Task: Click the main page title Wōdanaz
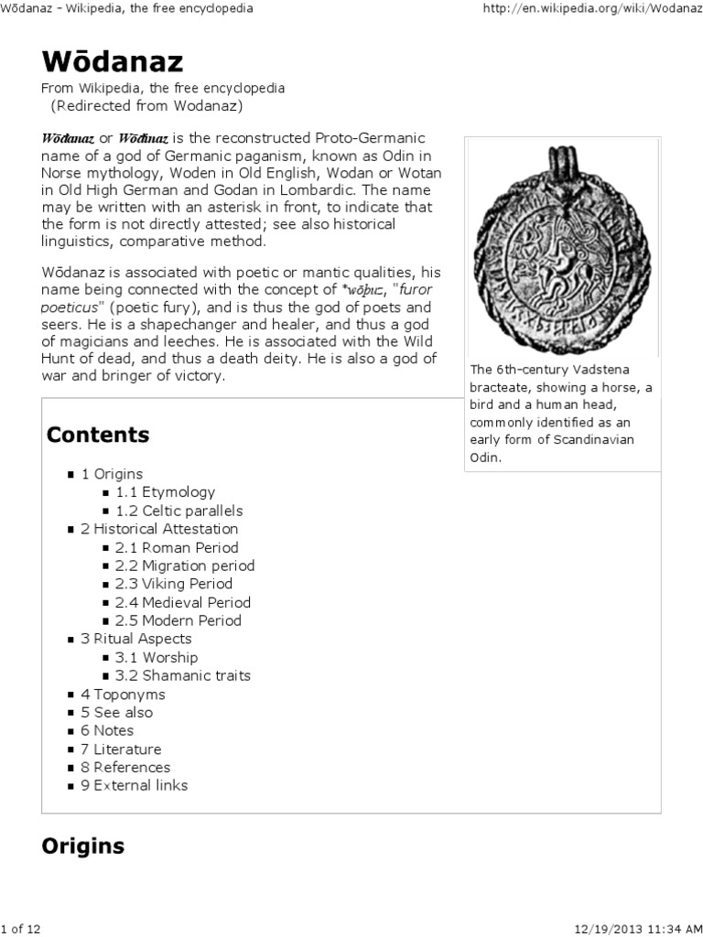(x=113, y=61)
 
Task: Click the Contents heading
(x=98, y=434)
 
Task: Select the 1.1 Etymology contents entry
(x=165, y=492)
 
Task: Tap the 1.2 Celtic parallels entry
(x=178, y=511)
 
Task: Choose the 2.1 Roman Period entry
(x=176, y=547)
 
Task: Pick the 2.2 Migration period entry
(x=184, y=565)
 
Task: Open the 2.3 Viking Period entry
(x=173, y=584)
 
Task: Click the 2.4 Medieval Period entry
(x=182, y=602)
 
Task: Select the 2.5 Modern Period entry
(x=178, y=620)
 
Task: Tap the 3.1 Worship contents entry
(x=156, y=657)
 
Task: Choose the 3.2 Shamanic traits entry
(x=182, y=675)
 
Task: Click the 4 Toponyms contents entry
(x=123, y=694)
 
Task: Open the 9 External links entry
(x=134, y=785)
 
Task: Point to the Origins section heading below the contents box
(x=83, y=845)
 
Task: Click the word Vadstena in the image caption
(x=603, y=370)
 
